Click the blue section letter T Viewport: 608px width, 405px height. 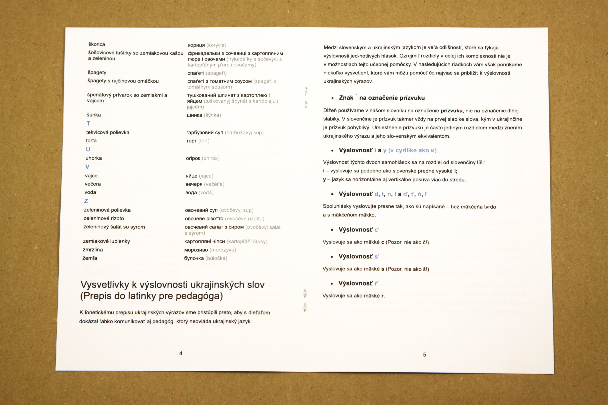coord(88,123)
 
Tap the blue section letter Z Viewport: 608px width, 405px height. coord(86,201)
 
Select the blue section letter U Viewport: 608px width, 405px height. coord(88,149)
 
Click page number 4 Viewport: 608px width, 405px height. coord(181,353)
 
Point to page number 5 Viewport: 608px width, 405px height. coord(424,355)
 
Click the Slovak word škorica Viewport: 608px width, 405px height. coord(97,44)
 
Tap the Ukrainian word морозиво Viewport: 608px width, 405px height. coord(196,250)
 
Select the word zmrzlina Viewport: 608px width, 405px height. coord(93,250)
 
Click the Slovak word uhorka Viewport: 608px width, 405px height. coord(94,158)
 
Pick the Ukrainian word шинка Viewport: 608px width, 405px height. coord(195,115)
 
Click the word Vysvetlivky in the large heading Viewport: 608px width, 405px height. coord(105,285)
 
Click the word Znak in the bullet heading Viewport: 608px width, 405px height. coord(346,98)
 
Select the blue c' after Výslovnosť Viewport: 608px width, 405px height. coord(377,230)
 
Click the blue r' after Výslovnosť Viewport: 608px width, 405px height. coord(377,283)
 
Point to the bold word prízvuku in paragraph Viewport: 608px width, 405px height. coord(451,111)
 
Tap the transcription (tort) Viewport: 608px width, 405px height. coord(204,141)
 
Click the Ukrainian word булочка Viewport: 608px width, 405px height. coord(194,258)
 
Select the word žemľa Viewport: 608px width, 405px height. coord(90,258)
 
